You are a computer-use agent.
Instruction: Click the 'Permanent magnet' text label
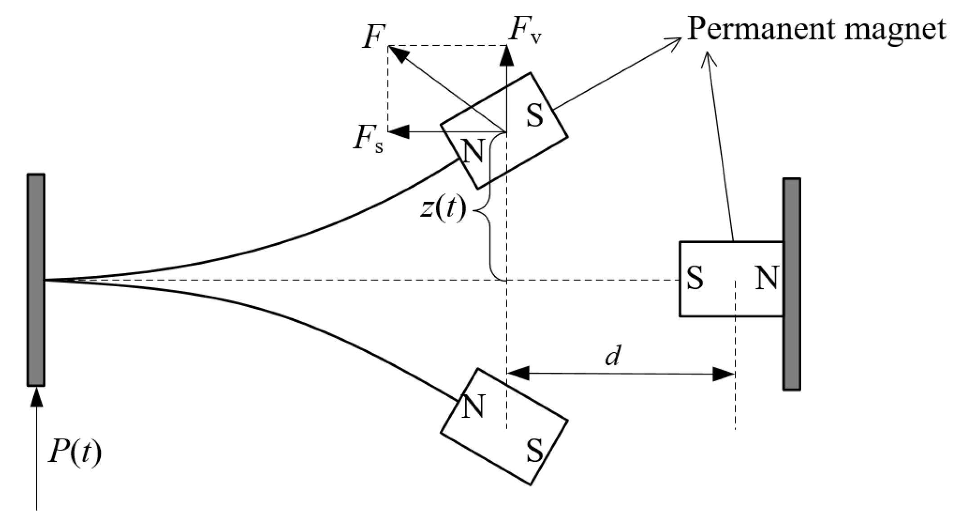pyautogui.click(x=817, y=29)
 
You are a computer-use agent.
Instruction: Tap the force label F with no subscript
pyautogui.click(x=374, y=37)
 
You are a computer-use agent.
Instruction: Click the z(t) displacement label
pyautogui.click(x=443, y=209)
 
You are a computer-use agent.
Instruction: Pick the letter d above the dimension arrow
pyautogui.click(x=612, y=357)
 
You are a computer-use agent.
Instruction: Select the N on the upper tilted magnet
pyautogui.click(x=474, y=151)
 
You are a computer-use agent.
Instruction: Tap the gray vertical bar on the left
pyautogui.click(x=36, y=280)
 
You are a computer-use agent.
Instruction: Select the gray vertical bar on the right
pyautogui.click(x=791, y=284)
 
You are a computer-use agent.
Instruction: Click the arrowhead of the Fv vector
pyautogui.click(x=507, y=55)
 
